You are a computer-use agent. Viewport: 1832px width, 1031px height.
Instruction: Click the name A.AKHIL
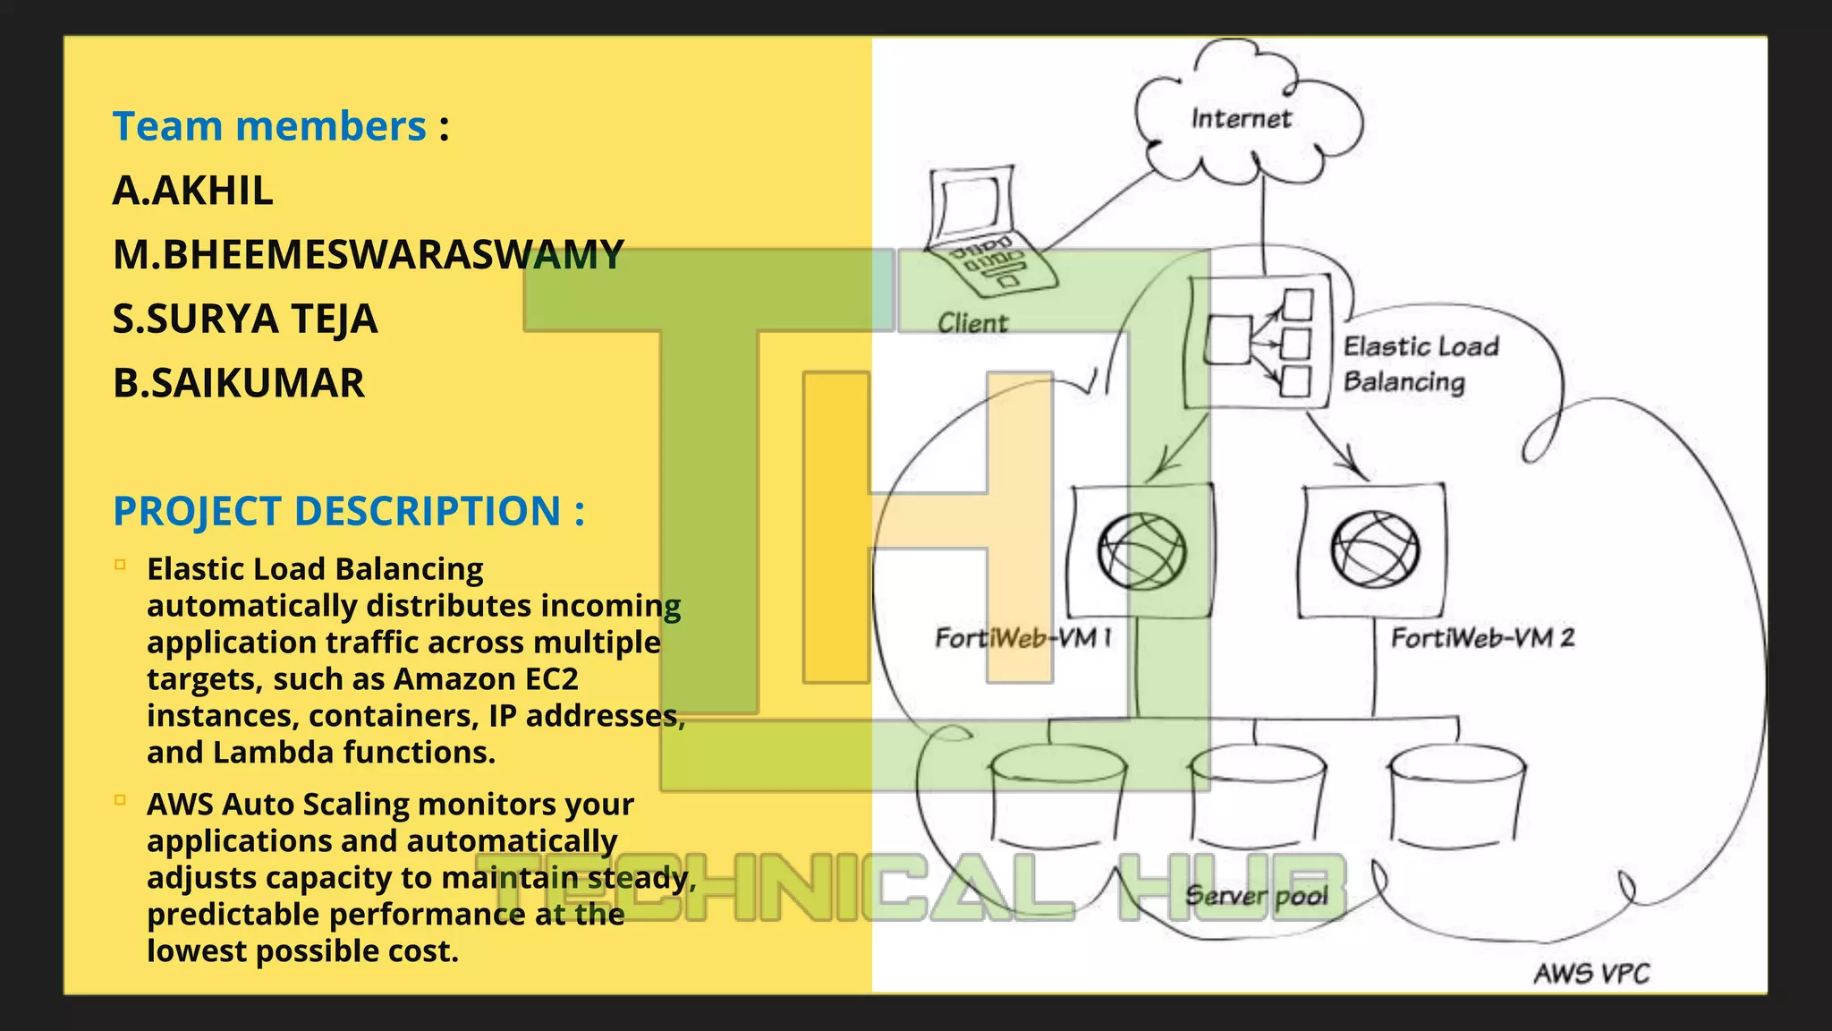click(x=192, y=191)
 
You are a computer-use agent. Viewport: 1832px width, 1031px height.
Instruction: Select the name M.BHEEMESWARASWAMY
click(x=368, y=255)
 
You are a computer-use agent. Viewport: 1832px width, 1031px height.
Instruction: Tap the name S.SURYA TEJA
click(x=245, y=320)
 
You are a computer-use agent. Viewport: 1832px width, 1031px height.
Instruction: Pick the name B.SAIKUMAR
click(x=239, y=383)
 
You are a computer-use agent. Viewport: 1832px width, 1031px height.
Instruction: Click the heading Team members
click(x=269, y=126)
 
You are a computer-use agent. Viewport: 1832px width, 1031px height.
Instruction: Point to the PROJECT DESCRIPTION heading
click(x=348, y=511)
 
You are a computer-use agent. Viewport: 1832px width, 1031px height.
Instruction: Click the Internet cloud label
click(x=1241, y=119)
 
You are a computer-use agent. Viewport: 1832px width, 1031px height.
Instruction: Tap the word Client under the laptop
click(x=972, y=323)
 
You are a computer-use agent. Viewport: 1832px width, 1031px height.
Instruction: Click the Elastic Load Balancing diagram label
click(x=1421, y=363)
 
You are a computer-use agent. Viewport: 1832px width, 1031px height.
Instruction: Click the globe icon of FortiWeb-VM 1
click(x=1141, y=550)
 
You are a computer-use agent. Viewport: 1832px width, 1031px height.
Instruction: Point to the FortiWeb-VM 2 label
click(x=1482, y=638)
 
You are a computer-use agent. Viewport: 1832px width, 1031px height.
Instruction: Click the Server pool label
click(x=1256, y=896)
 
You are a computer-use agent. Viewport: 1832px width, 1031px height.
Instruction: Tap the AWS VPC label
click(x=1591, y=973)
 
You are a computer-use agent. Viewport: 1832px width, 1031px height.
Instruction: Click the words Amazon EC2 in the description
click(x=486, y=679)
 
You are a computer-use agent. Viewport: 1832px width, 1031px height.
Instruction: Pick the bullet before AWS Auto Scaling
click(x=120, y=800)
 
